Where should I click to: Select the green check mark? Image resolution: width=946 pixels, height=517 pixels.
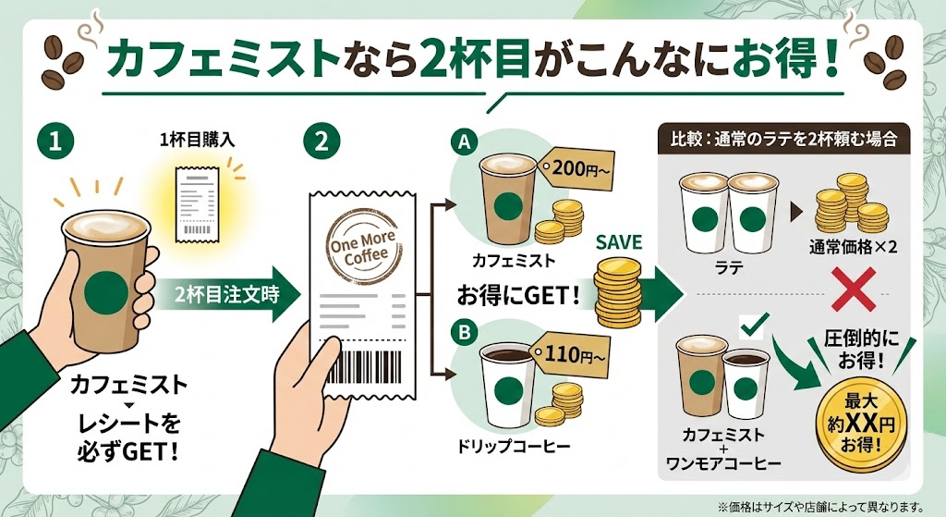(755, 325)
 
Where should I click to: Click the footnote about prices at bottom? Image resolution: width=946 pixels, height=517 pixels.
(826, 505)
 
